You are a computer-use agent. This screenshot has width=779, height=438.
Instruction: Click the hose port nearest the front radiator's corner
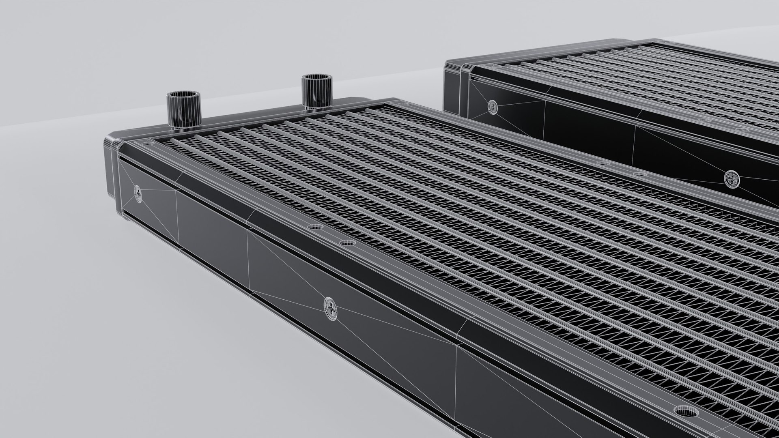(x=183, y=110)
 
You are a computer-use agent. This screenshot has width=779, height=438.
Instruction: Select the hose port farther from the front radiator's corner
(x=316, y=91)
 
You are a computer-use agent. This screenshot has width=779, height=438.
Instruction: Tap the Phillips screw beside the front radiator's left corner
(x=139, y=194)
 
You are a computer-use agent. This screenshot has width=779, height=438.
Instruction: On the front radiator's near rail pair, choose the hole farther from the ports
(x=346, y=243)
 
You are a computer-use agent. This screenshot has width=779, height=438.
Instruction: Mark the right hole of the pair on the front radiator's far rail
(x=640, y=175)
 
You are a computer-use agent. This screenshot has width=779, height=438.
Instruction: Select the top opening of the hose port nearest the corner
(x=183, y=96)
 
